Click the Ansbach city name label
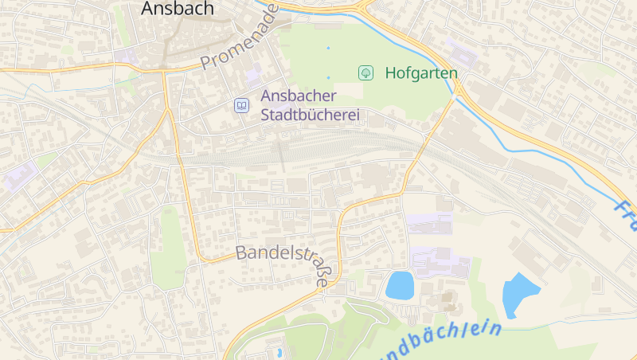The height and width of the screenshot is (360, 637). point(178,9)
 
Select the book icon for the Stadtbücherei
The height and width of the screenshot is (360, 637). point(240,105)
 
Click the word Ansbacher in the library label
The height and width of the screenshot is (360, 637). point(299,96)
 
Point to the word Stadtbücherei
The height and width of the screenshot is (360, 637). point(311,115)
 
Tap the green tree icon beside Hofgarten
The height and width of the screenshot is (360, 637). point(365,73)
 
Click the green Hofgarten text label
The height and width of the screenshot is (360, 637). point(421,73)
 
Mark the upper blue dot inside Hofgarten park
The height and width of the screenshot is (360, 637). point(328,48)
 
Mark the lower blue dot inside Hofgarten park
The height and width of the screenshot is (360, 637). point(328,77)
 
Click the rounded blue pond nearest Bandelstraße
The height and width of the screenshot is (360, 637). point(400,285)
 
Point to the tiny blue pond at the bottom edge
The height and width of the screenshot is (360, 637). point(279,351)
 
